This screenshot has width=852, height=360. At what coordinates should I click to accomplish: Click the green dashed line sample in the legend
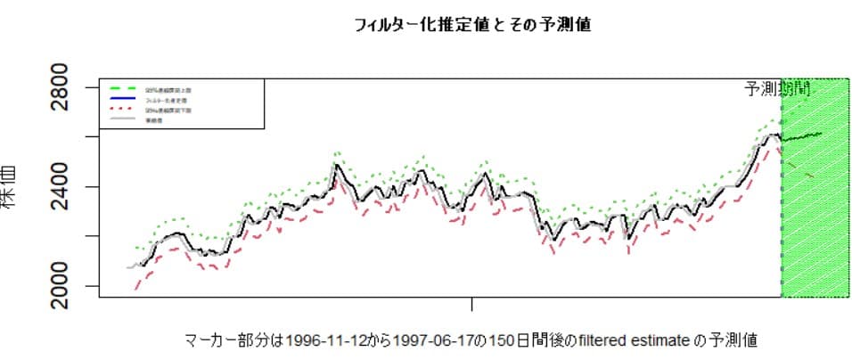tap(122, 90)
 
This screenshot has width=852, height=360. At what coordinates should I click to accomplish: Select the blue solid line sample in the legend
tap(122, 100)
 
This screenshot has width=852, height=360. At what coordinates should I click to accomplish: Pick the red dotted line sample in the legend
tap(122, 110)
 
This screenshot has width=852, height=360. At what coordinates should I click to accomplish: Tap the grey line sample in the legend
tap(122, 119)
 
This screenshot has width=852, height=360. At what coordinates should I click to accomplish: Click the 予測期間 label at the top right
tap(777, 88)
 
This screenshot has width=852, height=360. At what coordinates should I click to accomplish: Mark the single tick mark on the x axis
tap(471, 304)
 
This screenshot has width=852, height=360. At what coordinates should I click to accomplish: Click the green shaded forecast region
tap(815, 232)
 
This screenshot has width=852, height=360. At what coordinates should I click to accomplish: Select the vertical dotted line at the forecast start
tap(782, 223)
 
